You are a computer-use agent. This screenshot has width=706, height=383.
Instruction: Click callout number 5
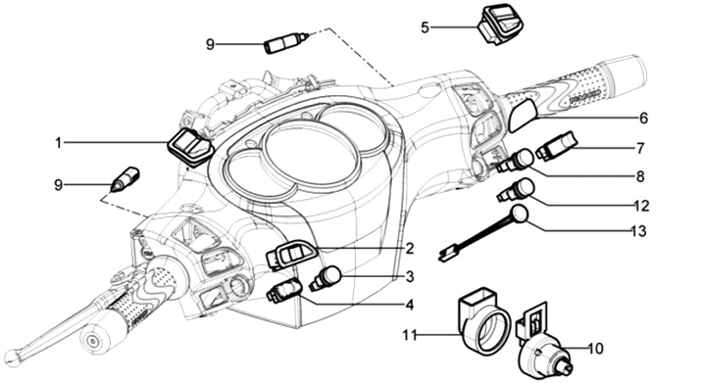pos(425,27)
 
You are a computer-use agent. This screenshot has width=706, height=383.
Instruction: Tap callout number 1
pos(58,143)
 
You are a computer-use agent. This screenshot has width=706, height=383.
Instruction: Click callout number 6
pos(644,118)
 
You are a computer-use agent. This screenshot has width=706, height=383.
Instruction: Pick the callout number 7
pos(640,148)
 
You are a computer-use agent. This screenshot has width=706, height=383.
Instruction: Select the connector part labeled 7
pos(557,145)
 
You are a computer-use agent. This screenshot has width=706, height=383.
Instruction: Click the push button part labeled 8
pos(516,162)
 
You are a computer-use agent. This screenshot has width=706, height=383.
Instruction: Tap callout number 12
pos(642,206)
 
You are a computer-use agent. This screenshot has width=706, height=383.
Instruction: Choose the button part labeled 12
pos(516,190)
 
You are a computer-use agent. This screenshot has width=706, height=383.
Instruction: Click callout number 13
pos(639,231)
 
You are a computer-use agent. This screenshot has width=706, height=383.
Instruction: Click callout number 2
pos(409,248)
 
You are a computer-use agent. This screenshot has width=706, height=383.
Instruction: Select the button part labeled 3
pos(326,278)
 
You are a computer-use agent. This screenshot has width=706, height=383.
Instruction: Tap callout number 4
pos(409,305)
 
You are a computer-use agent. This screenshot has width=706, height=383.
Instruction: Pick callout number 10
pos(595,349)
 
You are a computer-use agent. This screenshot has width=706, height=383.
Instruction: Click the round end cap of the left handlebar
pos(95,338)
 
